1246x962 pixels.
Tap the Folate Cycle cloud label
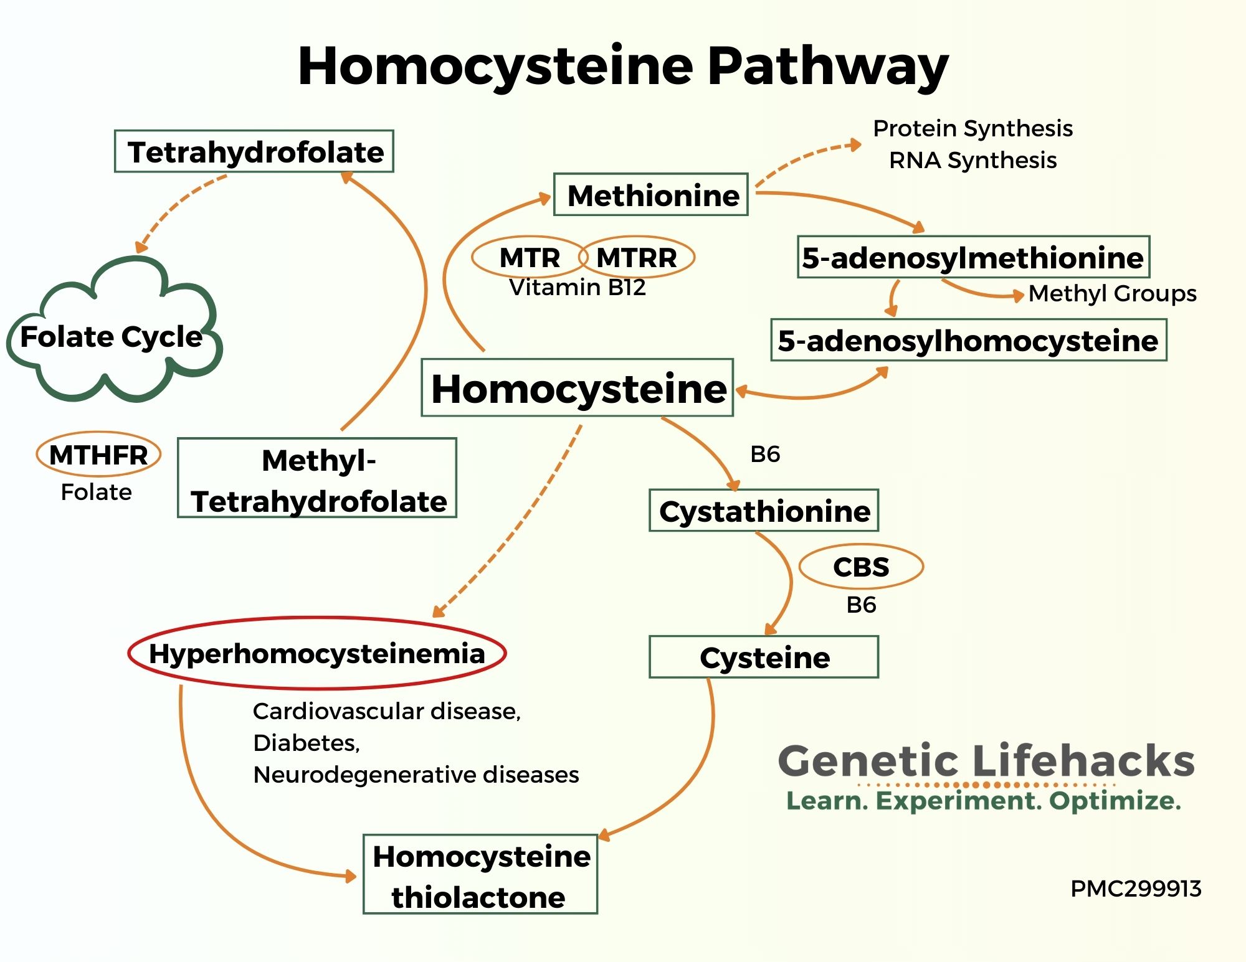coord(112,336)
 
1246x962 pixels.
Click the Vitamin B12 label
coord(578,287)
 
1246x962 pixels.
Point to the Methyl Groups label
coord(1113,293)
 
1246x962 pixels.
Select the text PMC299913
coord(1136,889)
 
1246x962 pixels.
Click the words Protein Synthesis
coord(973,128)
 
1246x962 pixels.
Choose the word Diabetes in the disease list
coord(307,743)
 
